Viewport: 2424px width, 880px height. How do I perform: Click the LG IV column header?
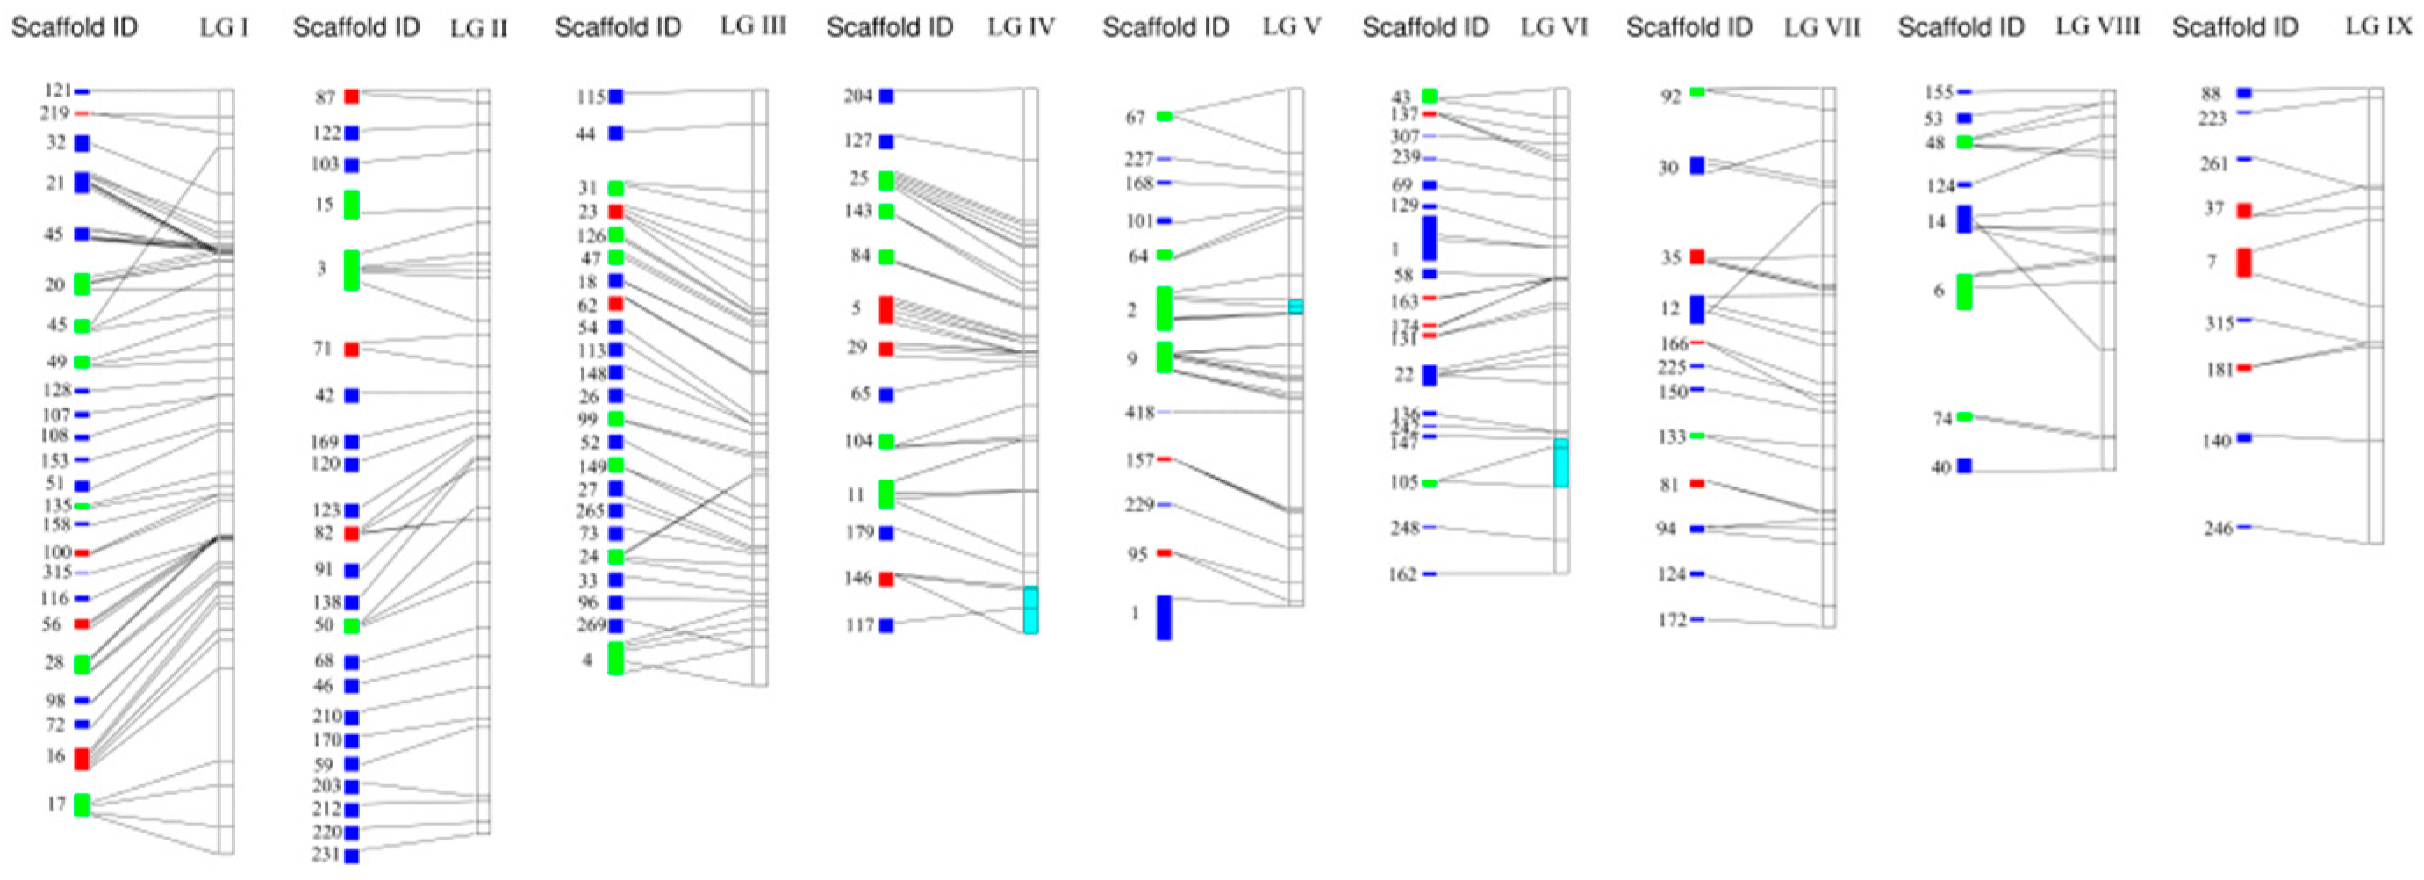coord(1021,27)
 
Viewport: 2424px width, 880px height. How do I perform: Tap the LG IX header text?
coord(2377,26)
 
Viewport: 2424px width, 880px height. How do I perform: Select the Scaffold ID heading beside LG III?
coord(617,27)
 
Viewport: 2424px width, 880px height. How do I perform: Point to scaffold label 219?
coord(54,113)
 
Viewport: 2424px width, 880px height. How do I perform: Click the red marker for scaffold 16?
coord(82,758)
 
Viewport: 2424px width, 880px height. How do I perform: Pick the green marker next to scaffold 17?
coord(82,804)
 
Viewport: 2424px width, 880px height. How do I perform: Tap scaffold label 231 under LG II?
coord(326,855)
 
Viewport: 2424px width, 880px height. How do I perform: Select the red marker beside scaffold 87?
coord(351,96)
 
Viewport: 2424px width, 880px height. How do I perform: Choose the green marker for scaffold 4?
coord(615,658)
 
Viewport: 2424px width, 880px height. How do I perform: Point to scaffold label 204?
coord(857,95)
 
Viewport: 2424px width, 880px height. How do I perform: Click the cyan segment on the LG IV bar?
coord(1030,609)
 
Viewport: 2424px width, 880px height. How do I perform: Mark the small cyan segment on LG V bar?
coord(1295,306)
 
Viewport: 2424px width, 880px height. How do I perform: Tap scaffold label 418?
coord(1138,411)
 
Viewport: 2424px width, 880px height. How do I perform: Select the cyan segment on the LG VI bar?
coord(1561,462)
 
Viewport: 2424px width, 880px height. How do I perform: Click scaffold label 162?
coord(1402,574)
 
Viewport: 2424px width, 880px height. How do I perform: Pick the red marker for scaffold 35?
coord(1696,256)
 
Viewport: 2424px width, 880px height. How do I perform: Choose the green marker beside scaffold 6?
coord(1964,292)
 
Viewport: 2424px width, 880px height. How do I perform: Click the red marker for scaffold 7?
coord(2244,262)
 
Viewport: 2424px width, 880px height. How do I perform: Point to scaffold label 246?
coord(2218,528)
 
